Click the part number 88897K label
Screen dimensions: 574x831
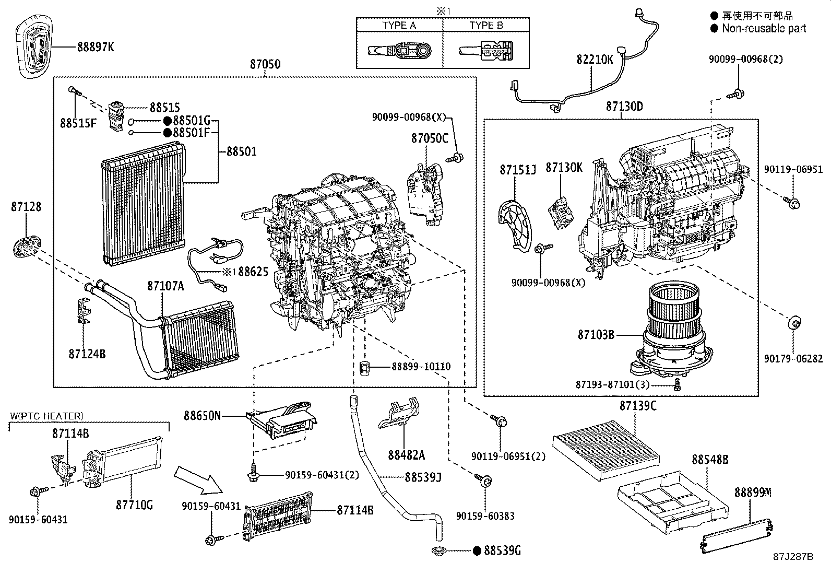[95, 47]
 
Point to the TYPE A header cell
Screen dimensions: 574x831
[399, 25]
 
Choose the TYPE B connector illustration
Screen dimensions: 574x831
[486, 51]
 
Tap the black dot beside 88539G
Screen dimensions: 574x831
[477, 550]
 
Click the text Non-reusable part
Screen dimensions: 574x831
[764, 29]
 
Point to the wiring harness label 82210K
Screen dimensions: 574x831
[595, 60]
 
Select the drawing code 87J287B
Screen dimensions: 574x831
[793, 556]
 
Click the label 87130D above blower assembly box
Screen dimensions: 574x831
[624, 107]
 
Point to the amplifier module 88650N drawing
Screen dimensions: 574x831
[284, 419]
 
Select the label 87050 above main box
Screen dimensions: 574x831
[265, 64]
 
